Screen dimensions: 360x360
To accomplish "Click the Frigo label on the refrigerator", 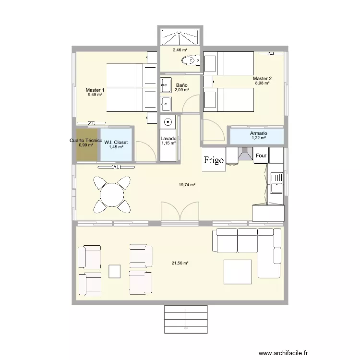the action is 214,160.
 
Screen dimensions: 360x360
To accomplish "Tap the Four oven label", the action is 261,156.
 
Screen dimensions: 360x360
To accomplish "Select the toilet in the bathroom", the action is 191,60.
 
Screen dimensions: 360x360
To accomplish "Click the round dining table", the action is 112,195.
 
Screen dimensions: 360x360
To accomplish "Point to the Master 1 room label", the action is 95,90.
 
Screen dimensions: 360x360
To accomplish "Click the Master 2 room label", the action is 262,79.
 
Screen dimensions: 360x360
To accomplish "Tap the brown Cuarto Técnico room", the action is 86,144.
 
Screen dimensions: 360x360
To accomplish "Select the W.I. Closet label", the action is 116,143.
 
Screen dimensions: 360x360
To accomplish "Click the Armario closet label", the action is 259,133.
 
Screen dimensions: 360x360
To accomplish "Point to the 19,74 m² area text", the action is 187,185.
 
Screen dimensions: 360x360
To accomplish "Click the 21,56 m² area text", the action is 180,263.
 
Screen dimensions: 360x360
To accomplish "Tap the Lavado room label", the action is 168,138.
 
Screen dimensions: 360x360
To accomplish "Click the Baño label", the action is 181,85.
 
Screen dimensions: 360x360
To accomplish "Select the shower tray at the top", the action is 180,37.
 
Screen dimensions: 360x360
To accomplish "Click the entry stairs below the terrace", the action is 186,319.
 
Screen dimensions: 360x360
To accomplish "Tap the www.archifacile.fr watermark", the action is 283,353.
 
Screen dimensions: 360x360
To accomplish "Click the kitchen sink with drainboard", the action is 276,183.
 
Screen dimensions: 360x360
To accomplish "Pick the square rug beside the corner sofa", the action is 238,272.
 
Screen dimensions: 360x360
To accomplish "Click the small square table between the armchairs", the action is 115,271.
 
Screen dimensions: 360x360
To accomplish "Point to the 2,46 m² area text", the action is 180,50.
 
